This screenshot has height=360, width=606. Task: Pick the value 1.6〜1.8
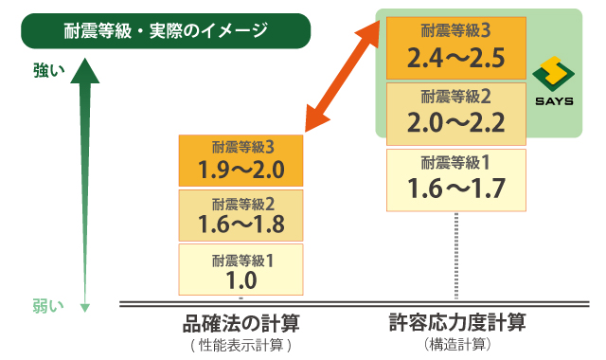pos(241,225)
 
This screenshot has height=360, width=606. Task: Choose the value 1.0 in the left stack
pos(241,279)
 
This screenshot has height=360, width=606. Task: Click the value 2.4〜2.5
pos(455,60)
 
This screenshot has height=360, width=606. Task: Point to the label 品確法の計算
pos(241,323)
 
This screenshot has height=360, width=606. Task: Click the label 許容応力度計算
pos(457,322)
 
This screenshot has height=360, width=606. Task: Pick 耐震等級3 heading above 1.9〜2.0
pos(242,147)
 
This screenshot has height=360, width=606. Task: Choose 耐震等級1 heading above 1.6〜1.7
pos(455,161)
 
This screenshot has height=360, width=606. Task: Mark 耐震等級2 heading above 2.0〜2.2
pos(455,97)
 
